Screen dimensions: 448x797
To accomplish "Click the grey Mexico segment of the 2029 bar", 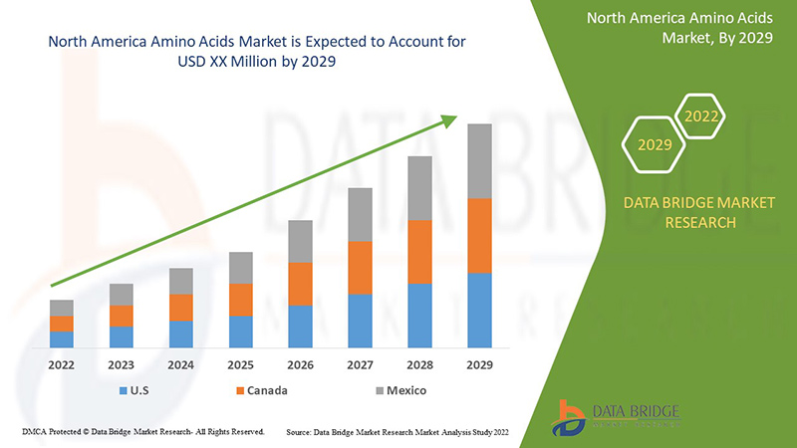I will (x=480, y=161).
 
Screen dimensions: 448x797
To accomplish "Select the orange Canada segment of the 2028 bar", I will (x=420, y=252).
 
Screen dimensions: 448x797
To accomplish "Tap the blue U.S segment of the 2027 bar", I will (x=361, y=321).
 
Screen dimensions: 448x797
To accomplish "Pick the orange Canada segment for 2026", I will (x=301, y=284).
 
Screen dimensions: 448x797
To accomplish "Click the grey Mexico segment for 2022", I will (x=62, y=308).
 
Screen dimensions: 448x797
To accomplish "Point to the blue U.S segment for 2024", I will (x=181, y=335).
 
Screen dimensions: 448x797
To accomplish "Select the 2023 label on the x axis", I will (x=122, y=364).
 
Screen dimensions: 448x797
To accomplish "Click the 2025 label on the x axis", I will (x=241, y=364).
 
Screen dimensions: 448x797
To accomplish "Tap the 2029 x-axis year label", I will (x=480, y=364).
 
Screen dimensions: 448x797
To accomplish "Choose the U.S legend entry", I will (x=136, y=390).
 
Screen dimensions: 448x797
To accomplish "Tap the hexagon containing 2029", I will (x=655, y=144).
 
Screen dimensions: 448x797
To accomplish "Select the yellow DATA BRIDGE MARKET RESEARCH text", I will (x=698, y=212).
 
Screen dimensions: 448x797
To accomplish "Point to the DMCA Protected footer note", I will (x=141, y=432).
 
